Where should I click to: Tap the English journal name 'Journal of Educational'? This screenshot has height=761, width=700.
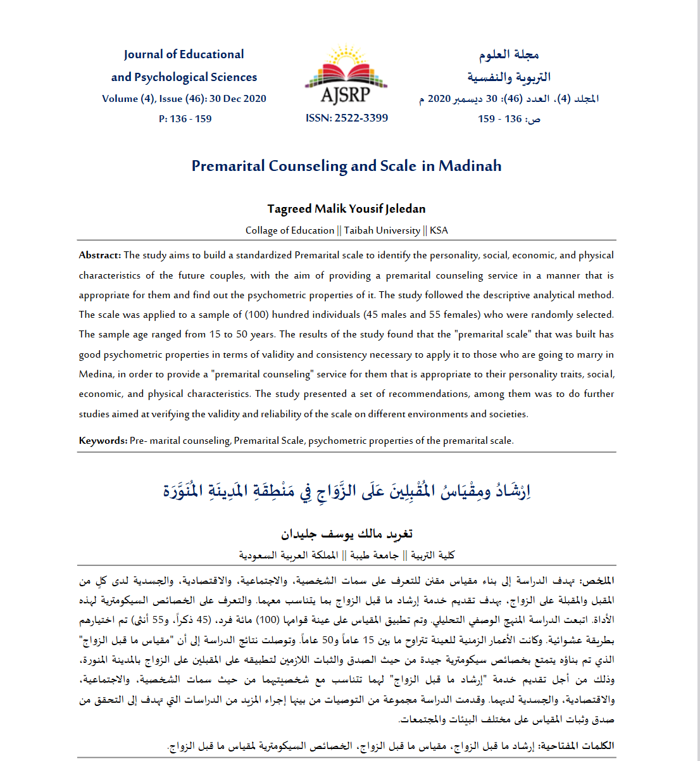point(184,54)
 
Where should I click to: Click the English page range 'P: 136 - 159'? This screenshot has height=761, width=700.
point(185,118)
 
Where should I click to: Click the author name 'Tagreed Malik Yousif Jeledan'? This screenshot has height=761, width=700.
point(346,209)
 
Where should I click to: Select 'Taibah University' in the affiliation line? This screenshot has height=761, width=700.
point(382,230)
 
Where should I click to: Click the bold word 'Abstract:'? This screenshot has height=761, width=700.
point(100,255)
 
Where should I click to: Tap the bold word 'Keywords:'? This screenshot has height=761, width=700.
point(103,441)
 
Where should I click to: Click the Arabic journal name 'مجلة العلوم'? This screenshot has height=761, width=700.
point(509,55)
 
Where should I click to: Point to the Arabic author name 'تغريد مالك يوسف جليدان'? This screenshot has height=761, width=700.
point(347,534)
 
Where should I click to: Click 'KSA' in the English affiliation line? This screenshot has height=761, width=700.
point(439,230)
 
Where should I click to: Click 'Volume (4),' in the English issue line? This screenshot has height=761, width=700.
point(128,99)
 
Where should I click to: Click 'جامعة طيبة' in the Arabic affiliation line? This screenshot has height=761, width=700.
point(375,555)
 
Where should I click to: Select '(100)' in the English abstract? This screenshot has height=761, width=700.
point(258,315)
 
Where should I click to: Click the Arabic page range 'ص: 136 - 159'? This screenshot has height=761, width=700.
point(509,119)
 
